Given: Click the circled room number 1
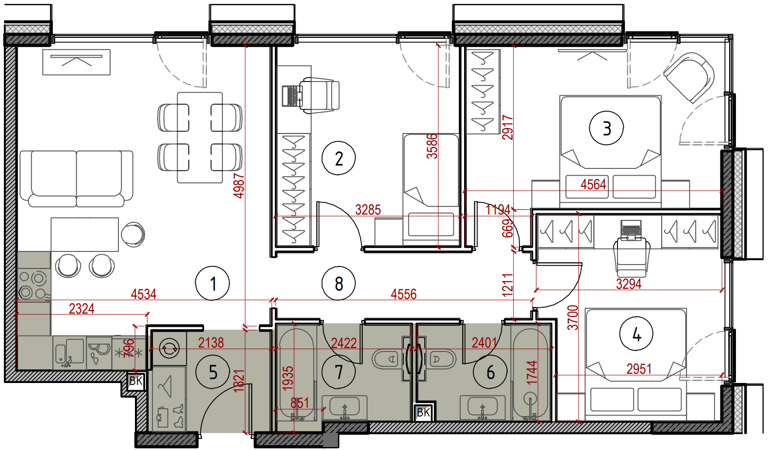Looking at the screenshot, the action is coord(212,283).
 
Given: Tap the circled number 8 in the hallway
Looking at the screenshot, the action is coord(338,283).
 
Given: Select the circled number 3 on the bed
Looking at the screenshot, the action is coord(606,129).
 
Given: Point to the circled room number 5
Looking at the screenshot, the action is coord(213,372).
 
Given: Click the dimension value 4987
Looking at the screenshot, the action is coord(239,186).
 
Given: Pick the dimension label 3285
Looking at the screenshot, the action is coord(368,210).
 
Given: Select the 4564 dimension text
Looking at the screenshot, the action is coord(593,184).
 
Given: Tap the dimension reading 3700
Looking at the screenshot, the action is coord(573,317).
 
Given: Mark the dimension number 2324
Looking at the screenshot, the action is coord(82,309).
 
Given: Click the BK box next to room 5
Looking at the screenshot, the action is coord(136,381).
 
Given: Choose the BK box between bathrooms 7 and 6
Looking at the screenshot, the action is coord(423,412).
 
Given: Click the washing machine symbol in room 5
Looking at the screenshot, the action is coord(169,349).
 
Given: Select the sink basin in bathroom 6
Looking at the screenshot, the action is coord(483,407).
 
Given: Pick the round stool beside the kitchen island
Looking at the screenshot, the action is coord(133,234).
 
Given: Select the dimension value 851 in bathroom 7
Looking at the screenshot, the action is coord(300,403).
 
